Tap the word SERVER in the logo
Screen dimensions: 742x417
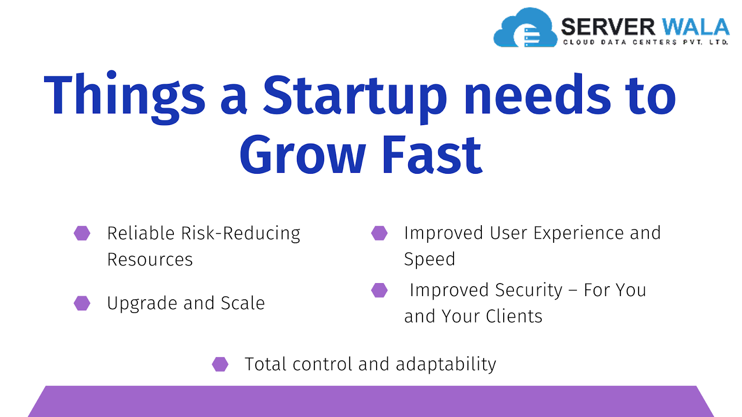(x=608, y=27)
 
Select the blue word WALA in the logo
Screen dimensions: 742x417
(x=695, y=27)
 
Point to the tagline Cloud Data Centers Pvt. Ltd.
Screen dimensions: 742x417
(x=646, y=42)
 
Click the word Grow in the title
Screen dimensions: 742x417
(x=303, y=154)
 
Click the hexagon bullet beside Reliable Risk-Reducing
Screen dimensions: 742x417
(x=82, y=233)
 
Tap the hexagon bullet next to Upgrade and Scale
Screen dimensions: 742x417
(x=82, y=303)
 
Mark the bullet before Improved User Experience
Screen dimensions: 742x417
(x=379, y=233)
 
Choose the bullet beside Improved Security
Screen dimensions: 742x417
(x=379, y=290)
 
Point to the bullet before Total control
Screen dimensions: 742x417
(x=220, y=364)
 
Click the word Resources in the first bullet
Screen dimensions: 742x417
(x=150, y=259)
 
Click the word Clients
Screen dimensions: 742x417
(x=514, y=316)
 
